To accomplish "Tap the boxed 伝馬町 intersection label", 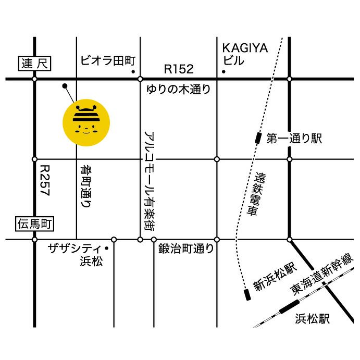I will coord(34,225).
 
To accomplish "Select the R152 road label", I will coord(179,69).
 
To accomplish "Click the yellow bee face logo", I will coord(86,122).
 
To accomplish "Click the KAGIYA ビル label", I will coord(244,54).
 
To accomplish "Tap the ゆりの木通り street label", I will coord(179,90).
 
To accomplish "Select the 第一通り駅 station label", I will coord(294,139).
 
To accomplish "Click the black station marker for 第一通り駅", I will coord(258,138).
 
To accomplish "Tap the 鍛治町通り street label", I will coord(186,249).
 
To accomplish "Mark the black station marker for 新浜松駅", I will coord(247,295).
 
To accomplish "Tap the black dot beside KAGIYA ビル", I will coord(224,71).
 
